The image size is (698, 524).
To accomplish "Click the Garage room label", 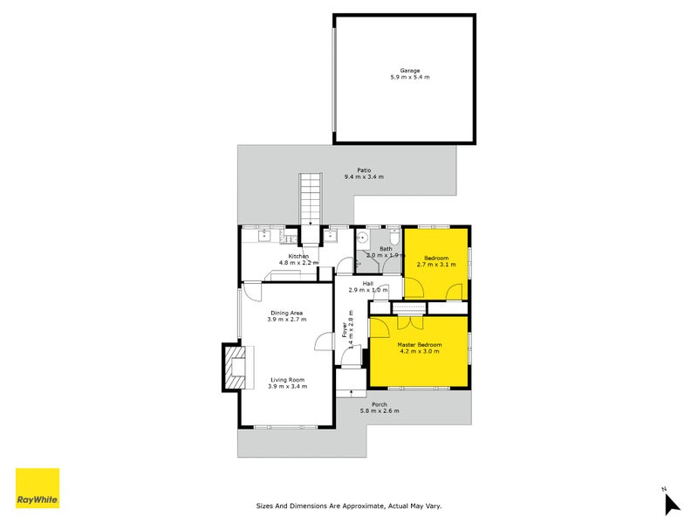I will point(410,71).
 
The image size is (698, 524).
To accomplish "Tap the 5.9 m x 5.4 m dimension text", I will point(410,78).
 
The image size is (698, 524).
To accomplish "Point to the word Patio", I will point(364,170).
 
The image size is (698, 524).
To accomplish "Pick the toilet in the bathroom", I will point(393,238).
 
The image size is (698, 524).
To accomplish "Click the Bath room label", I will point(385,249).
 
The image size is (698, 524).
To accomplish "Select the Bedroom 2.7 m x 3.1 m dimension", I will point(436,265).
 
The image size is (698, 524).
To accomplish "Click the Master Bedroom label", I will point(420,345).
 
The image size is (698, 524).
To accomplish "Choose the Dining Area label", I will point(286,313).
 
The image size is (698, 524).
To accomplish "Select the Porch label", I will point(380,404).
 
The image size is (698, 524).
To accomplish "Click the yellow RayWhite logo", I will point(38,488).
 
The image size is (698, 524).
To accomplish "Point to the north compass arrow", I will point(671,503).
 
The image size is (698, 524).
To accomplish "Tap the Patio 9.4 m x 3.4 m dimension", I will point(364,177).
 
